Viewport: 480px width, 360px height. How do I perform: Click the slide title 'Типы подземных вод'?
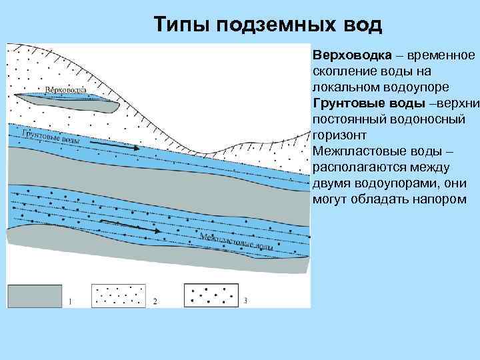point(268,25)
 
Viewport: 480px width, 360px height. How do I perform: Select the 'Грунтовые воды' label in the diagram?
point(51,137)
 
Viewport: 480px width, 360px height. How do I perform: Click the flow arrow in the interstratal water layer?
point(130,227)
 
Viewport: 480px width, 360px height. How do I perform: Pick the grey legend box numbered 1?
point(34,295)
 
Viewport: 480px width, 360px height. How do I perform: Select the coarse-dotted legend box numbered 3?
point(212,295)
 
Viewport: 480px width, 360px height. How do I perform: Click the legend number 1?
point(70,301)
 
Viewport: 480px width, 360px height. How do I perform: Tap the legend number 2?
point(155,301)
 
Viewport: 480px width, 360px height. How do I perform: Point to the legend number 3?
point(245,301)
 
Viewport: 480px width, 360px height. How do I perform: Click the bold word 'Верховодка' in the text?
point(347,54)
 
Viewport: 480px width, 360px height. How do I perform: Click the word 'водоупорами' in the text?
point(393,184)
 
